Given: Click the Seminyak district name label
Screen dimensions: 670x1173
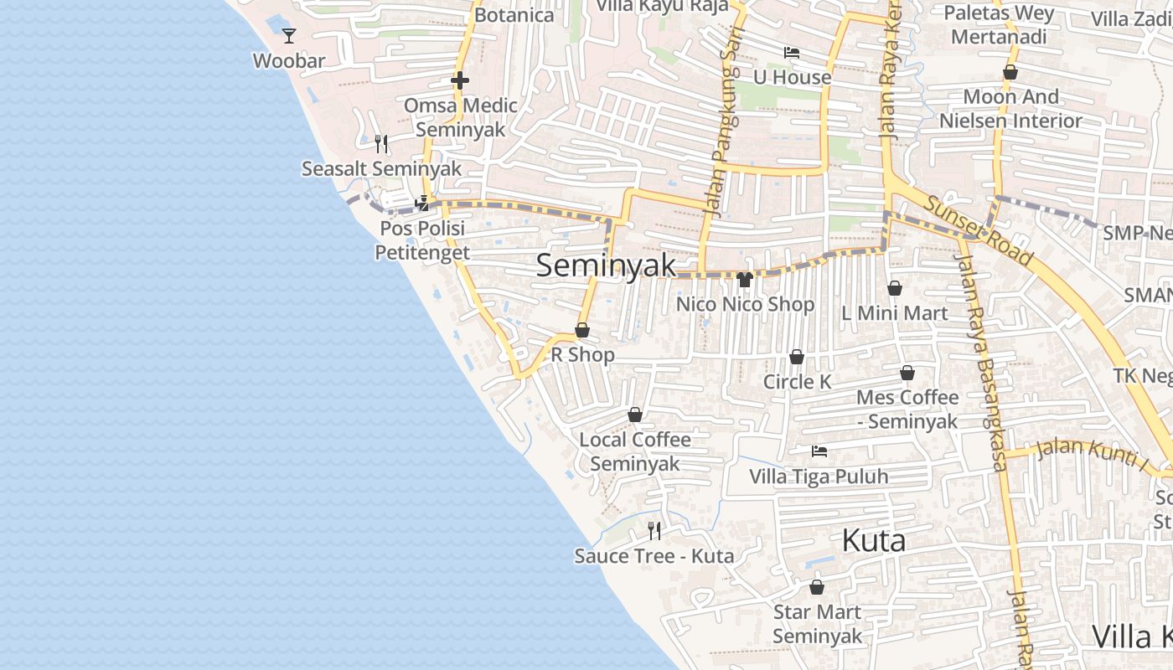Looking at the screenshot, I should [x=605, y=265].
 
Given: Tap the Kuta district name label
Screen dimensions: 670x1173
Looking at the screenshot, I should [x=873, y=541].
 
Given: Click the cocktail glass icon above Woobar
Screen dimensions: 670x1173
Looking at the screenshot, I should [x=289, y=35].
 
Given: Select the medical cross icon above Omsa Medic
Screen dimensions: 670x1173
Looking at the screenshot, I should [x=460, y=80].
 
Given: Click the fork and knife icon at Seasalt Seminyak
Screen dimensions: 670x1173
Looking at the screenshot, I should [x=381, y=144].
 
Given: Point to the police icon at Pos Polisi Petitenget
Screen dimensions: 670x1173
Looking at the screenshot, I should [x=422, y=203].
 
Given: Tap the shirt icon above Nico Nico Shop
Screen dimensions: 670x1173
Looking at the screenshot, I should [x=745, y=279].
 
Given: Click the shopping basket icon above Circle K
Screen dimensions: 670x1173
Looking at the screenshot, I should [x=797, y=357].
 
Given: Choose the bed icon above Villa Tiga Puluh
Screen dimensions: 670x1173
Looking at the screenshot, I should [x=819, y=451].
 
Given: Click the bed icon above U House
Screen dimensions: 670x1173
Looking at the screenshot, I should [x=791, y=52].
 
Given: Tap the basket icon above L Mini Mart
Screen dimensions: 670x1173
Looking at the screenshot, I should [x=895, y=288].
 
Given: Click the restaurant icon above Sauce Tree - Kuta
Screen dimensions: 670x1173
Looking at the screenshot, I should [x=654, y=530].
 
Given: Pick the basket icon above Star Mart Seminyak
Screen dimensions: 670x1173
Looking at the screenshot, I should [x=817, y=587].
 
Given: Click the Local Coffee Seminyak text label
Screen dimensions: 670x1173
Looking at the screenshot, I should [x=635, y=451].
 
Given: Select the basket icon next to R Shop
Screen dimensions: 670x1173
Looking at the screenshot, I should [x=582, y=330].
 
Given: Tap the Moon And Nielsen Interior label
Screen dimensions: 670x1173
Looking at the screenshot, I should [x=1010, y=109].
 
